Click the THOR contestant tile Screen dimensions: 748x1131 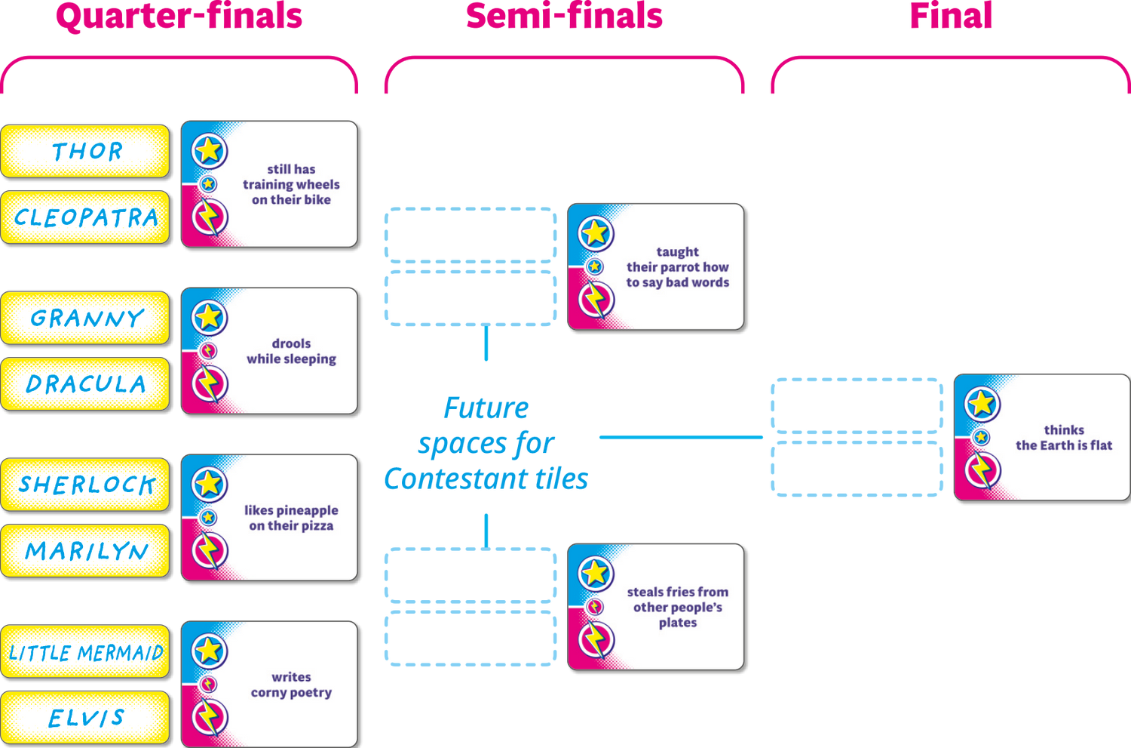tap(86, 152)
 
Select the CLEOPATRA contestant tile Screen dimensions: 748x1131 tap(86, 217)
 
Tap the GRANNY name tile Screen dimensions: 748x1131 tap(86, 318)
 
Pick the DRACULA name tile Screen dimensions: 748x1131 tap(86, 384)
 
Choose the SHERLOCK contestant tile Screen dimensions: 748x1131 tap(86, 485)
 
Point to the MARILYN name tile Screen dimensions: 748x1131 tap(86, 551)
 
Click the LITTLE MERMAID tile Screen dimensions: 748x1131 tap(86, 652)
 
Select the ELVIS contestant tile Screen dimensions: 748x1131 tap(86, 718)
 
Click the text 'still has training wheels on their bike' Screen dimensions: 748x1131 tap(291, 184)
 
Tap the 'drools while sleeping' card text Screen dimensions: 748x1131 tap(291, 351)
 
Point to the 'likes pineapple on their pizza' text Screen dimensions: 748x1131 tap(291, 518)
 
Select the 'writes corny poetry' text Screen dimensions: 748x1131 tap(291, 685)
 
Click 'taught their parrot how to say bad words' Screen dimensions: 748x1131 tap(677, 267)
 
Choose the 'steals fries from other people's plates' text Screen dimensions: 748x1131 tap(677, 607)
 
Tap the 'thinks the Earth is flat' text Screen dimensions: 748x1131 tap(1063, 438)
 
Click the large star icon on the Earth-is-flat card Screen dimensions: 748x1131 tap(982, 404)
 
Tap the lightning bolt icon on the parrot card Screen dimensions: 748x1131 tap(596, 300)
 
